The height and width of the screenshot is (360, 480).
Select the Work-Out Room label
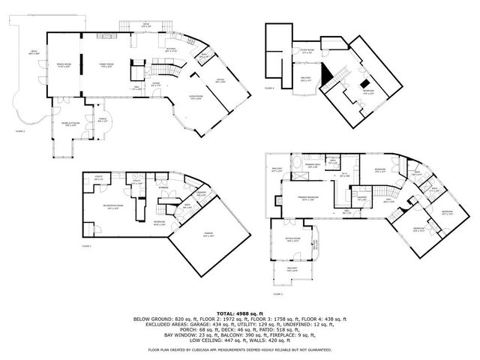[x=70, y=125]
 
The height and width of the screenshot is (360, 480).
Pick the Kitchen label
[x=171, y=49]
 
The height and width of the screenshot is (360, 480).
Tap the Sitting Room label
[x=292, y=241]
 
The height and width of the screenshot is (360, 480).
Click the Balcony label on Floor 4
[x=306, y=79]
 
